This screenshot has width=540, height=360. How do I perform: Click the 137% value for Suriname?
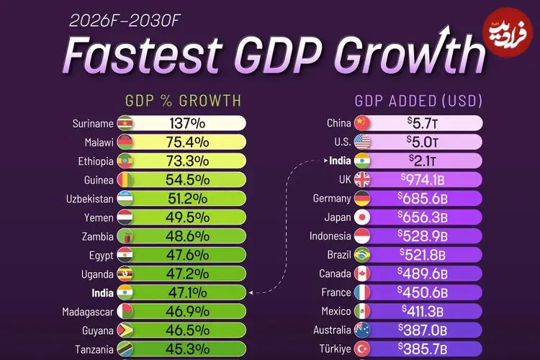pyautogui.click(x=189, y=123)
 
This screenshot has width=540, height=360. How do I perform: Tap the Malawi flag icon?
pyautogui.click(x=125, y=142)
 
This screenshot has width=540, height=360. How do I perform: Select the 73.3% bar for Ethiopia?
pyautogui.click(x=189, y=161)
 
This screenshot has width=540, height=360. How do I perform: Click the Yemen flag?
pyautogui.click(x=125, y=217)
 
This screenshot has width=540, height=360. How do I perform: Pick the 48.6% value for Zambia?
pyautogui.click(x=189, y=236)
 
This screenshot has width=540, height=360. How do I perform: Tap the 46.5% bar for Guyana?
pyautogui.click(x=189, y=330)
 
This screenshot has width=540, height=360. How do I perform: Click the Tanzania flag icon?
pyautogui.click(x=125, y=349)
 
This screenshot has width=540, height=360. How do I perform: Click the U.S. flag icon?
pyautogui.click(x=362, y=142)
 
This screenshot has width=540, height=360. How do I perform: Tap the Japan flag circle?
pyautogui.click(x=362, y=217)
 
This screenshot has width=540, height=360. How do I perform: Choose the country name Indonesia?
pyautogui.click(x=330, y=236)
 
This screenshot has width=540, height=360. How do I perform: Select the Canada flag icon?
pyautogui.click(x=362, y=274)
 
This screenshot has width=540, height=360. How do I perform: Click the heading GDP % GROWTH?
pyautogui.click(x=183, y=100)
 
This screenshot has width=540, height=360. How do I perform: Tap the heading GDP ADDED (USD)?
pyautogui.click(x=418, y=100)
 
